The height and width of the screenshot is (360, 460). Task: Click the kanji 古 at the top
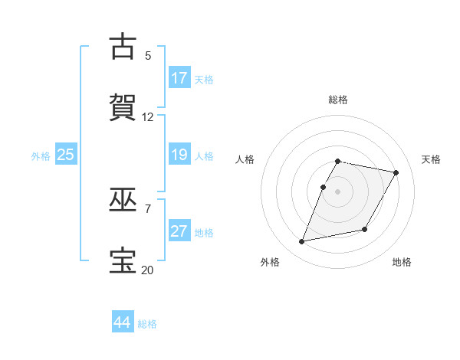(x=123, y=47)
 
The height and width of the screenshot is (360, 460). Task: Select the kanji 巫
(x=123, y=200)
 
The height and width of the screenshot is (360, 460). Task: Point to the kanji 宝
(x=123, y=260)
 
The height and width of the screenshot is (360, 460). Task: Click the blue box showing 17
(x=179, y=78)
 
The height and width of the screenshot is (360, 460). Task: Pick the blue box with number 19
(x=179, y=155)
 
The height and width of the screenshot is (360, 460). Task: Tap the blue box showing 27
(x=179, y=231)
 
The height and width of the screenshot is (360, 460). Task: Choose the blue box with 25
(x=66, y=155)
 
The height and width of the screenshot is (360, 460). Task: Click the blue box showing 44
(x=123, y=322)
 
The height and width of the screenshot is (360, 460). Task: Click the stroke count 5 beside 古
(x=148, y=56)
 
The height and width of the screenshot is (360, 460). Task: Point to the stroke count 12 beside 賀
(x=148, y=117)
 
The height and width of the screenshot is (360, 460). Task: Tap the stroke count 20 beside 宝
(x=148, y=270)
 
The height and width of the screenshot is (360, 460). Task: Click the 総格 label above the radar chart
(x=338, y=100)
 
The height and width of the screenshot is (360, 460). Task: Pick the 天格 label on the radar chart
(x=432, y=159)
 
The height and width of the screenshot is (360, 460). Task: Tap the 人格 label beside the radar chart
(x=245, y=159)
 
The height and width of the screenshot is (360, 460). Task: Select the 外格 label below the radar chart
(x=270, y=262)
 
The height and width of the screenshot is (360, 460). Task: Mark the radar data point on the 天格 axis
(x=396, y=173)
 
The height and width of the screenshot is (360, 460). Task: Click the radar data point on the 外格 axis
(x=302, y=242)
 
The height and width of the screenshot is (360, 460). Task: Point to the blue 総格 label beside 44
(x=147, y=324)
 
